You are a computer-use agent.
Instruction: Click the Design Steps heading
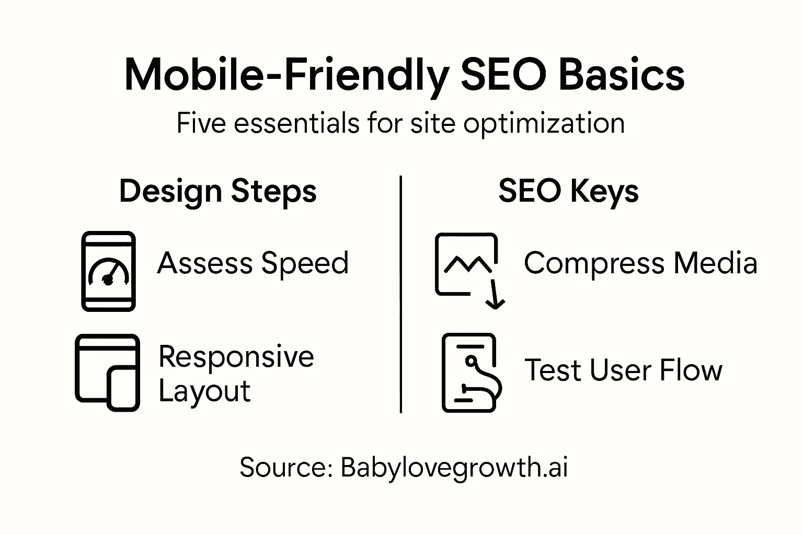click(x=217, y=191)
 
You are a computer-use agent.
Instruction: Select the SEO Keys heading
click(x=568, y=191)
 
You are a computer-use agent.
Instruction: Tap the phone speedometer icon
click(x=109, y=272)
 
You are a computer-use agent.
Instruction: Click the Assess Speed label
click(x=253, y=263)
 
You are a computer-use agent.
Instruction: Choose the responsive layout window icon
click(x=107, y=372)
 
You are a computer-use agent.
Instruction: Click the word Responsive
click(x=236, y=357)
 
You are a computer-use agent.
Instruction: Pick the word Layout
click(x=204, y=391)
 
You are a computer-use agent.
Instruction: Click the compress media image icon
click(x=465, y=265)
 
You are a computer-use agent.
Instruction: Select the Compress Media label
click(x=640, y=263)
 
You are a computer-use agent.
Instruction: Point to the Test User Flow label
click(x=623, y=370)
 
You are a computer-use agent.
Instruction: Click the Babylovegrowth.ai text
click(x=454, y=468)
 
